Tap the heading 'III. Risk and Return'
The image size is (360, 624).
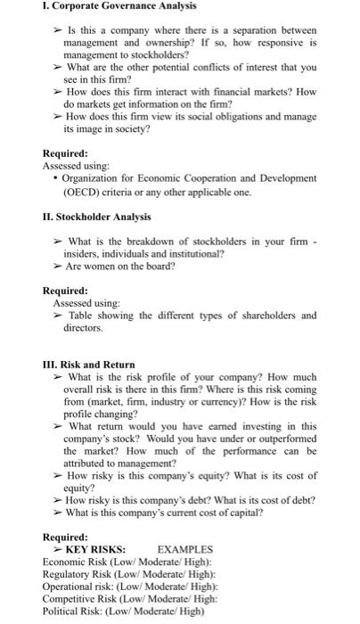(x=89, y=365)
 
